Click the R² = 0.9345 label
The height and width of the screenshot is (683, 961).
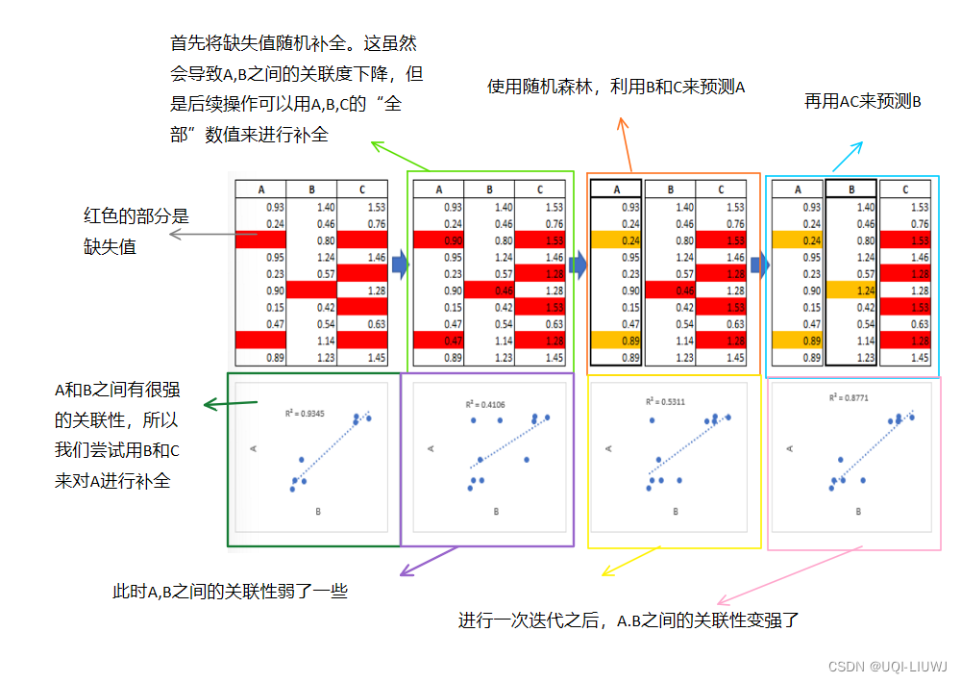302,414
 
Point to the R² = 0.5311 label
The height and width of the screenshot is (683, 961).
662,400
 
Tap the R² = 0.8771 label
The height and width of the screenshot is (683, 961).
850,397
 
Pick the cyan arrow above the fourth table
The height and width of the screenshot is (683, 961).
847,157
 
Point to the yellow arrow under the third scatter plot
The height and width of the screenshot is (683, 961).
630,563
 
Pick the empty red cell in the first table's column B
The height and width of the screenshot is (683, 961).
311,290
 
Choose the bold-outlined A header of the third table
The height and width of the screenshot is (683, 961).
616,190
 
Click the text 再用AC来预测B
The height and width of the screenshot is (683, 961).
862,102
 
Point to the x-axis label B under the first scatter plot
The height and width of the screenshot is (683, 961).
318,512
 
